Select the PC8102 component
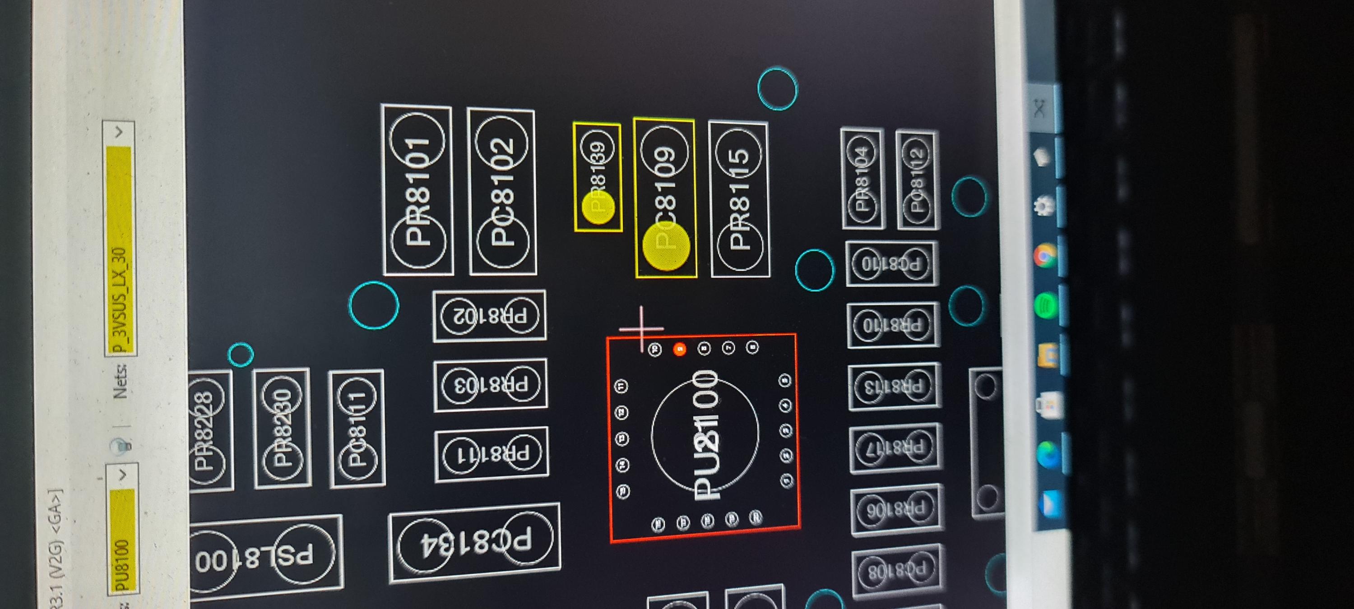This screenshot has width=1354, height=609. pyautogui.click(x=502, y=191)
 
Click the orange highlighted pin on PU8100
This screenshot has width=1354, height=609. pyautogui.click(x=680, y=349)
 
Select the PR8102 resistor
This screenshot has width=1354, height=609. pyautogui.click(x=489, y=315)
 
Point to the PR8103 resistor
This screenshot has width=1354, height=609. pyautogui.click(x=491, y=385)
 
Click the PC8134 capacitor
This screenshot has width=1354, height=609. pyautogui.click(x=475, y=542)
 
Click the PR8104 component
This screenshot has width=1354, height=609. pyautogui.click(x=862, y=178)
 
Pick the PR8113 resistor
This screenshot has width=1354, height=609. pyautogui.click(x=893, y=387)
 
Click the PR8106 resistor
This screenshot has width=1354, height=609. pyautogui.click(x=895, y=508)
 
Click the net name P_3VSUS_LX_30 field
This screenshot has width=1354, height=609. pyautogui.click(x=120, y=300)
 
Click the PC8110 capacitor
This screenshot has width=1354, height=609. pyautogui.click(x=891, y=264)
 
